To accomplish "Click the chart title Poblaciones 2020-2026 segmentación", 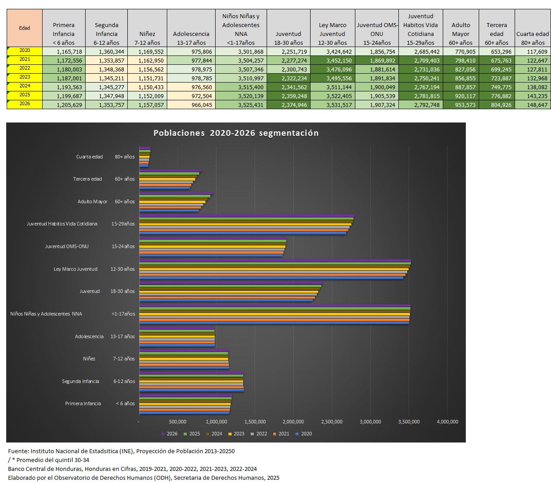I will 236,133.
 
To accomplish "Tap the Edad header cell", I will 24,28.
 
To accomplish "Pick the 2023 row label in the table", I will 25,77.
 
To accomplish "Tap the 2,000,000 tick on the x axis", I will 293,422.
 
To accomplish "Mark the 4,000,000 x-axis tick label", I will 447,422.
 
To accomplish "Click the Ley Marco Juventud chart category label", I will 75,269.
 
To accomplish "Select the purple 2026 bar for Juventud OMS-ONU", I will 213,241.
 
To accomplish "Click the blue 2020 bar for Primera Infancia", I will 185,413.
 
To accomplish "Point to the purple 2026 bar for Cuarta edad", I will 145,148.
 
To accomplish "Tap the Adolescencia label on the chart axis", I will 89,336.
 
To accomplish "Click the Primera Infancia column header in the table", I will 63,34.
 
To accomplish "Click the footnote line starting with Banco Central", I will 132,469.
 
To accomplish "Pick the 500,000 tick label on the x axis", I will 177,422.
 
